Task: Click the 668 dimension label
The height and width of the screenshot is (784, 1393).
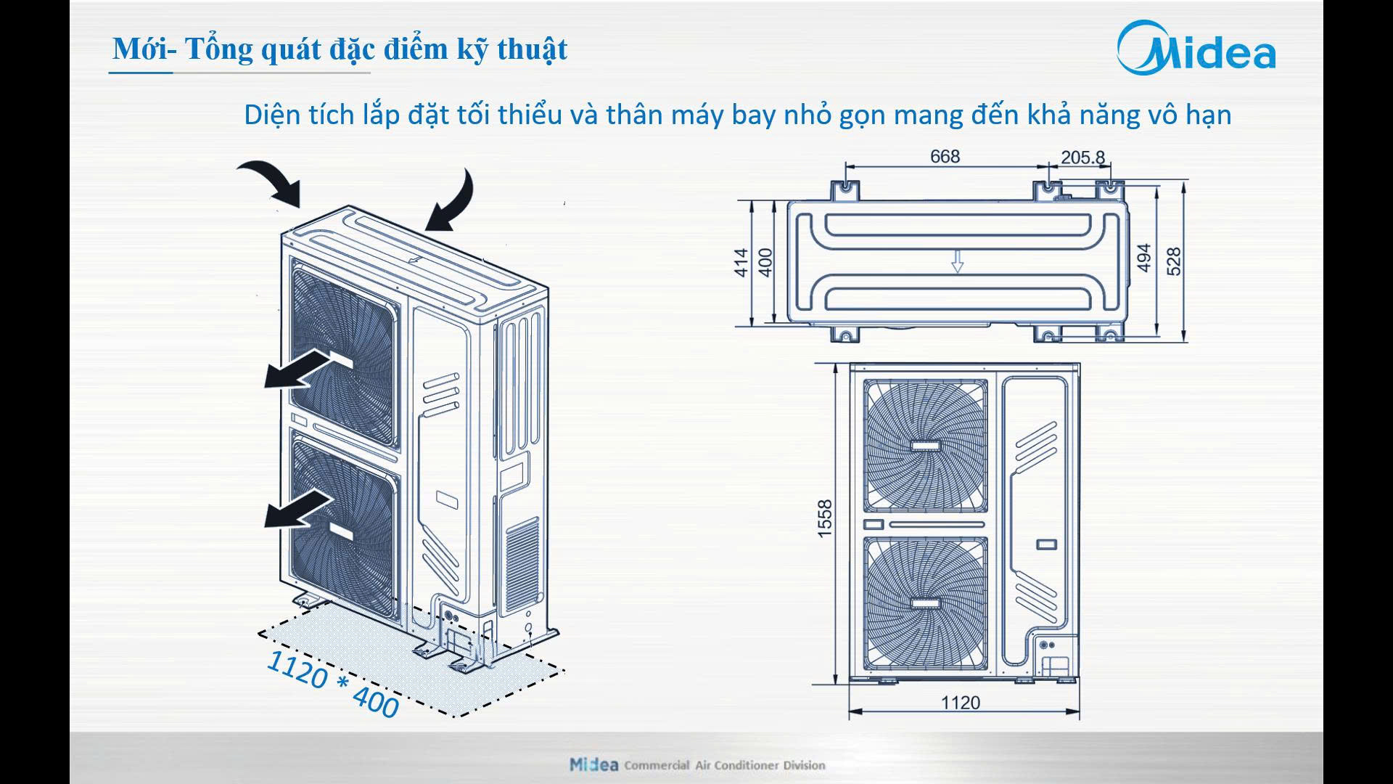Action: click(x=945, y=156)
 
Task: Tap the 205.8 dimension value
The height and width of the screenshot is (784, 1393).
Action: click(x=1082, y=157)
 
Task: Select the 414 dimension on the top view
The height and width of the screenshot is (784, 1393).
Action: click(x=741, y=262)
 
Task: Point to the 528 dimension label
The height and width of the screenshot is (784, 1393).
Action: click(x=1173, y=261)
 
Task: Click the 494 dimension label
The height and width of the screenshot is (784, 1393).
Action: click(x=1144, y=258)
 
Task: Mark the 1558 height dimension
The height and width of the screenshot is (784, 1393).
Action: click(x=825, y=518)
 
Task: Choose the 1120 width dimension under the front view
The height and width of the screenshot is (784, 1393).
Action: click(x=960, y=702)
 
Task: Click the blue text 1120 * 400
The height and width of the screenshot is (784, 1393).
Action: click(x=333, y=684)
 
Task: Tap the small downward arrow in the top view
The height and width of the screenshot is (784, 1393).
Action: click(x=957, y=261)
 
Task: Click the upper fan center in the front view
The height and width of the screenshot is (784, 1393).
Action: click(x=925, y=445)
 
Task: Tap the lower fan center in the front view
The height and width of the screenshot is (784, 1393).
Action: click(x=925, y=603)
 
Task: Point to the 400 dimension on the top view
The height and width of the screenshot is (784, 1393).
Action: click(x=765, y=262)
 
